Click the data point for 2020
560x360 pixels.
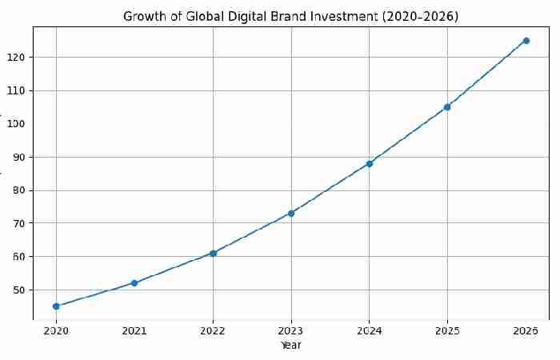point(56,306)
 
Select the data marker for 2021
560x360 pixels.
point(134,283)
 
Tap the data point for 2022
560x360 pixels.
point(213,254)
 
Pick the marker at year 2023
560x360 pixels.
point(291,214)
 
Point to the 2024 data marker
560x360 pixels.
point(369,164)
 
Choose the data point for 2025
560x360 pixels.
point(447,107)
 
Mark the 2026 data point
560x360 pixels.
point(526,41)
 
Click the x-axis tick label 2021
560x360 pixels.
point(134,330)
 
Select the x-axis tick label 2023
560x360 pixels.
point(291,330)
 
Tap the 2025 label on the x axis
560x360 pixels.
point(447,330)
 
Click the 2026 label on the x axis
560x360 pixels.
point(526,330)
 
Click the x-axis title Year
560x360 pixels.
point(291,346)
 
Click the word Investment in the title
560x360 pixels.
point(355,17)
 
